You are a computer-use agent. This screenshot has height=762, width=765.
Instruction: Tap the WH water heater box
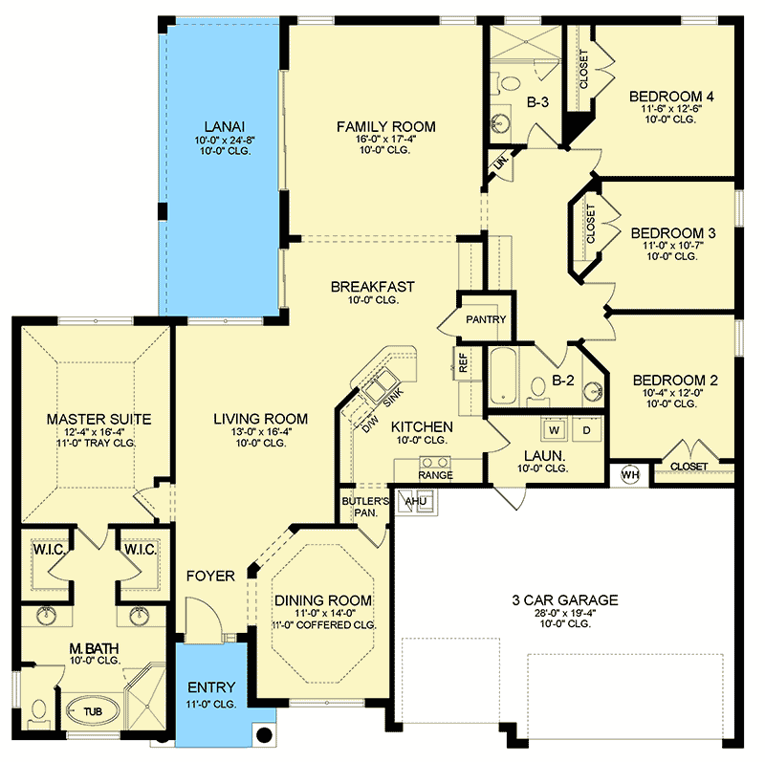(x=630, y=472)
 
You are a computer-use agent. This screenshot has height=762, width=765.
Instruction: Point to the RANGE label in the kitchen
(x=435, y=475)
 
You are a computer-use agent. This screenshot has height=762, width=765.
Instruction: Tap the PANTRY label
(x=485, y=320)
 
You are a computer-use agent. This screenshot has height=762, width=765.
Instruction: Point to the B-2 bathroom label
(x=561, y=381)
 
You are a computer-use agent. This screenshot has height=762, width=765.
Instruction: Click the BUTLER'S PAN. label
(x=365, y=507)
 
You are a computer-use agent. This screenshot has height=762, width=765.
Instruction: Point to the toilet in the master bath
(x=38, y=711)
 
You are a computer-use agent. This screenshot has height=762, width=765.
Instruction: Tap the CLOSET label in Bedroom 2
(x=689, y=466)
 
